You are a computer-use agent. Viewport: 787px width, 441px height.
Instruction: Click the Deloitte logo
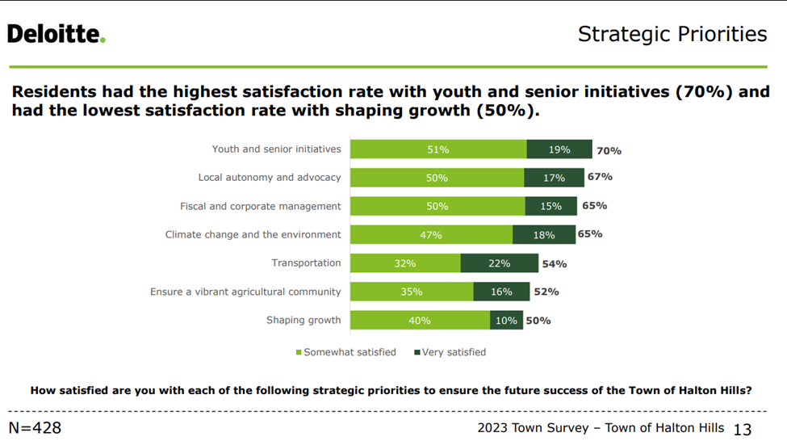(x=56, y=34)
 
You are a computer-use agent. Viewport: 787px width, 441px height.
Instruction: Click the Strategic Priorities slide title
(x=672, y=34)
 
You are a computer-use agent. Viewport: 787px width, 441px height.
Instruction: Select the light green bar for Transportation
(x=406, y=263)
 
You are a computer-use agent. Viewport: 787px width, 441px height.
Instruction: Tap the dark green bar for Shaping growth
(x=506, y=321)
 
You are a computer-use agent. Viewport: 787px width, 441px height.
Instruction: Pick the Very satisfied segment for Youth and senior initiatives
(x=559, y=149)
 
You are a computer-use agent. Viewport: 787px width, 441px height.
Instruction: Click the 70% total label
(x=609, y=150)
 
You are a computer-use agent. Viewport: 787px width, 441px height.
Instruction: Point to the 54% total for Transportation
(x=555, y=263)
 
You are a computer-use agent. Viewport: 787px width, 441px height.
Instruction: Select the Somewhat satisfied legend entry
(x=346, y=352)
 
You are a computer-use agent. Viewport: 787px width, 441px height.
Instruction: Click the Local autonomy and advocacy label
(x=270, y=178)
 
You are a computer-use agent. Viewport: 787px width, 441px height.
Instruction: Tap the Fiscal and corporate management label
(x=260, y=206)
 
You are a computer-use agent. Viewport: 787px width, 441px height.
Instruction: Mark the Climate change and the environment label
(x=253, y=235)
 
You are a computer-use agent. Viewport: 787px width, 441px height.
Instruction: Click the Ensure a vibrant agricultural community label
(x=245, y=292)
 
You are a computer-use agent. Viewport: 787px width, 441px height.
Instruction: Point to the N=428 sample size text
(x=35, y=428)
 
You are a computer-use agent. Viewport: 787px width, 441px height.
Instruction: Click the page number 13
(x=742, y=429)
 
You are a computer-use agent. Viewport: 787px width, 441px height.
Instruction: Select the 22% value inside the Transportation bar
(x=499, y=263)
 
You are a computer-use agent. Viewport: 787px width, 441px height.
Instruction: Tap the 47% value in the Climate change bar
(x=430, y=235)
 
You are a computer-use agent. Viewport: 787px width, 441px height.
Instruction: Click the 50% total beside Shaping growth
(x=538, y=321)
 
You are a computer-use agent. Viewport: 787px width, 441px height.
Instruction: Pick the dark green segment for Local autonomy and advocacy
(x=553, y=178)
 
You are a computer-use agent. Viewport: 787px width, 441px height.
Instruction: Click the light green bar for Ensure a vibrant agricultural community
(x=412, y=292)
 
